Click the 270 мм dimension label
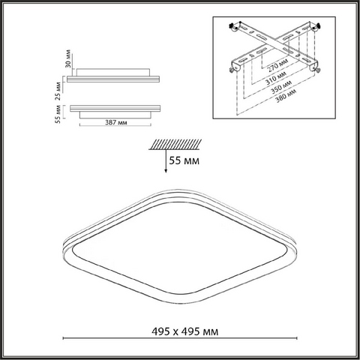278,65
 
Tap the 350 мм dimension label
281,87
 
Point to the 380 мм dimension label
286,96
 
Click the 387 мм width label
116,122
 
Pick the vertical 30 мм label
68,58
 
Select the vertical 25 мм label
58,91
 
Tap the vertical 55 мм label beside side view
58,114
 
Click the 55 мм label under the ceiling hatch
184,160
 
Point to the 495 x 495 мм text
185,331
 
